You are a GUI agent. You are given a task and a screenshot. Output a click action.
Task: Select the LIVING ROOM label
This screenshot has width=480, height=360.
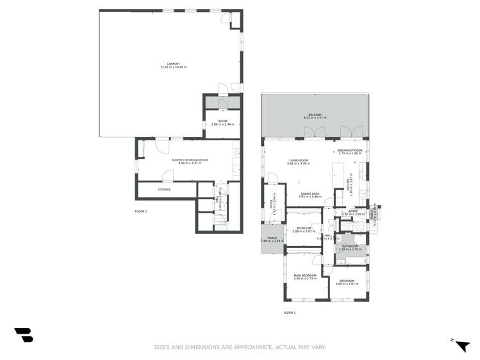[x=299, y=160]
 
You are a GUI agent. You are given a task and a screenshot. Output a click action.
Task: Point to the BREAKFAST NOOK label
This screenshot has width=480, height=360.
[x=349, y=151]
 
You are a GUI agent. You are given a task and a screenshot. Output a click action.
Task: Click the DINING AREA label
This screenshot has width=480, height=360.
[x=310, y=194]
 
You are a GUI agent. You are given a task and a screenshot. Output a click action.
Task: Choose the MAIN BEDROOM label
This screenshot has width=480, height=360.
[x=305, y=275]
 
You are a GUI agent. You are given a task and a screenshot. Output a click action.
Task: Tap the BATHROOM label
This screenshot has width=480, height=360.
[x=350, y=246]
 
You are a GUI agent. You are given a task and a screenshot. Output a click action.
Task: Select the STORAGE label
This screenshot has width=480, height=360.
[x=165, y=190]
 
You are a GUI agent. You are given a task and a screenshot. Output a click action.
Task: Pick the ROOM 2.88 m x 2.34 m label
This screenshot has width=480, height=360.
[x=222, y=121]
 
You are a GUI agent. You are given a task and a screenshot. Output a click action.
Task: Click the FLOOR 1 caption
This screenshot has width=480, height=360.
[x=141, y=211]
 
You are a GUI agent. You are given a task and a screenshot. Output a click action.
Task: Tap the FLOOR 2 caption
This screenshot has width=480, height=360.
[x=290, y=313]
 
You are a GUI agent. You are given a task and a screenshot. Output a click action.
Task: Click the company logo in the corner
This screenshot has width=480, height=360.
[x=24, y=334]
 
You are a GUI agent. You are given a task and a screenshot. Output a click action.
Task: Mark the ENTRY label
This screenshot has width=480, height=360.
[x=352, y=211]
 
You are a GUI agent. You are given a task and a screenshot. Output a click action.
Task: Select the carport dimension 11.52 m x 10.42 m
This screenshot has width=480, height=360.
[x=173, y=67]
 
